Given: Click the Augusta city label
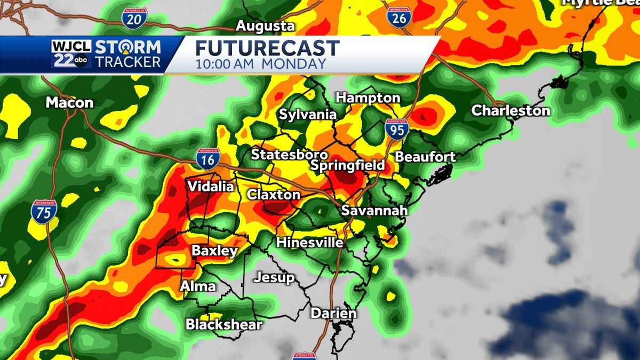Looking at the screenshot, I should tap(265, 26).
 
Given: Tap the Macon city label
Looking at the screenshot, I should tap(69, 102).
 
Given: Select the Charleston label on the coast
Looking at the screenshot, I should tap(510, 111).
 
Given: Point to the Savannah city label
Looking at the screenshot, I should tap(374, 211).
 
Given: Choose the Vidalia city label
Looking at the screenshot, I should tap(210, 187).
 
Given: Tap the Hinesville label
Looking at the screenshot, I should tap(309, 242).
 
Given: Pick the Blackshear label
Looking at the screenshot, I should tap(224, 324).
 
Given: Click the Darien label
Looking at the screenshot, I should tap(333, 313).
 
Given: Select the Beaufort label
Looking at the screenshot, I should tap(425, 157).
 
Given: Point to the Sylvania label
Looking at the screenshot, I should tap(308, 115).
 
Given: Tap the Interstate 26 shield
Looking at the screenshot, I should tap(398, 17).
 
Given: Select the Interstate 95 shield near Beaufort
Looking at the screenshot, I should tap(397, 129).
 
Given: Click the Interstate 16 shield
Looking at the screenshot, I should tap(207, 158).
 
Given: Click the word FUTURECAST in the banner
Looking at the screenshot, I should tap(267, 49).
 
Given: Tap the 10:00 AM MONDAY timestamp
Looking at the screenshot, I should tap(260, 64).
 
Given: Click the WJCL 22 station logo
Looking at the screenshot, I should tap(72, 54).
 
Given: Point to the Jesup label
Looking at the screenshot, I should tap(274, 277).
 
